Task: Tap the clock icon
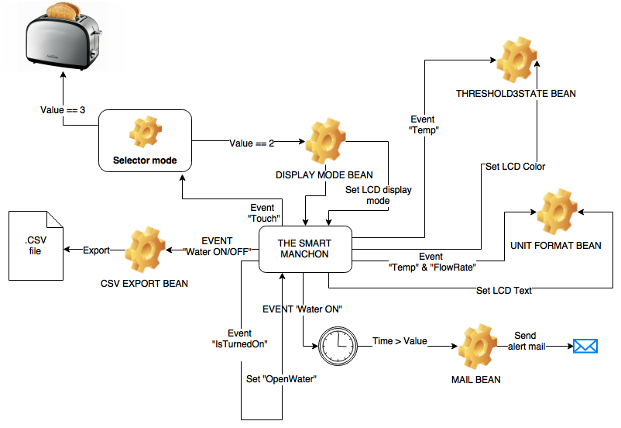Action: point(338,346)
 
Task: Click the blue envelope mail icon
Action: point(585,346)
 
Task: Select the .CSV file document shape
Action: point(36,246)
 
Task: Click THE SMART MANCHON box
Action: point(304,249)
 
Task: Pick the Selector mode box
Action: point(145,141)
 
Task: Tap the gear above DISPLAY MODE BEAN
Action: point(324,142)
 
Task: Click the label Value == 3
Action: point(63,111)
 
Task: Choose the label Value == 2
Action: point(252,143)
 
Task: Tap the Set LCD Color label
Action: point(515,167)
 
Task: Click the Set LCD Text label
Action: point(503,291)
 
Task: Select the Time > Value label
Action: point(400,341)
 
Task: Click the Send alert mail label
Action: point(527,341)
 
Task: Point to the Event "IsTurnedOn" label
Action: point(240,340)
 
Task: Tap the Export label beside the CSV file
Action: point(96,251)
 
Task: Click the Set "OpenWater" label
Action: point(282,379)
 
